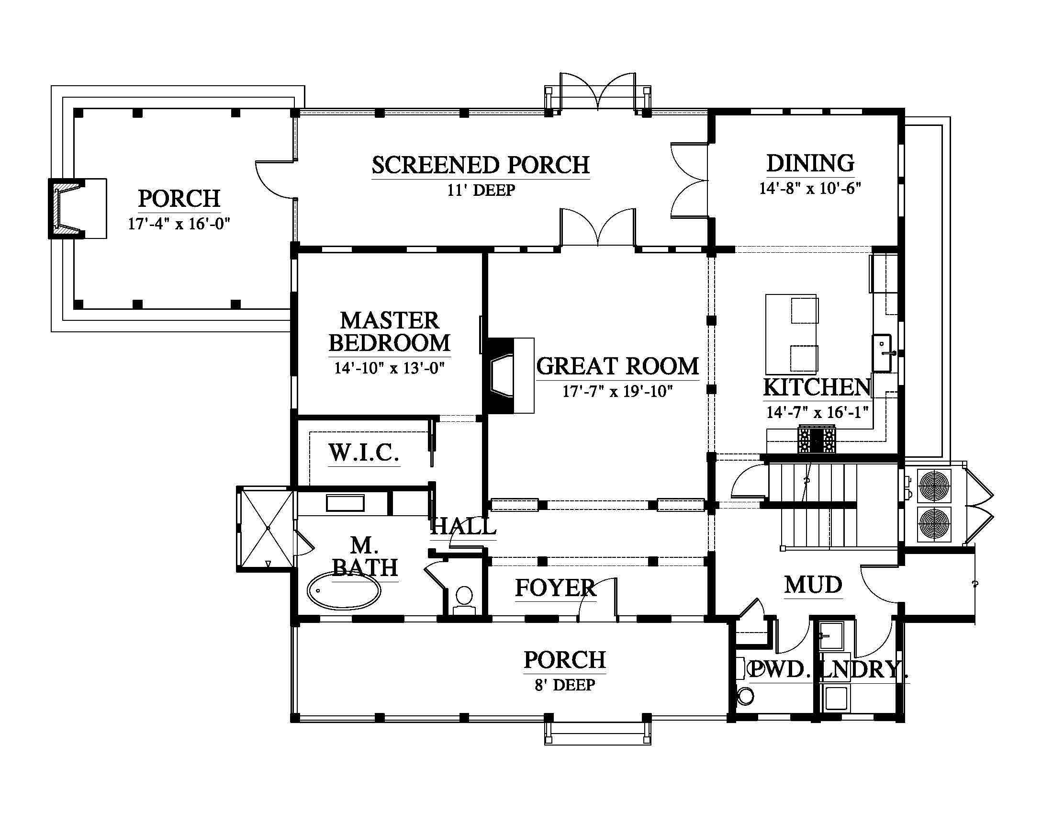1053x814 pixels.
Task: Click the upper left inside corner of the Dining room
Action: (x=715, y=115)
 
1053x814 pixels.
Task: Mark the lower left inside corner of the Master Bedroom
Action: (x=298, y=414)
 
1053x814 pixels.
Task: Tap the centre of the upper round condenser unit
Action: (x=935, y=485)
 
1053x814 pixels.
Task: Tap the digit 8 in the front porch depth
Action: (x=539, y=685)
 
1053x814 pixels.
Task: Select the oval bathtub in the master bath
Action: (x=344, y=590)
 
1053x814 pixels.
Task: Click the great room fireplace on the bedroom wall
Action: (x=509, y=376)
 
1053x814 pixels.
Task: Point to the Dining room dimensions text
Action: (x=810, y=188)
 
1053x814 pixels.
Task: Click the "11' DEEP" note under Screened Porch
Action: (x=481, y=190)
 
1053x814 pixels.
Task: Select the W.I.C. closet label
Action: (x=364, y=453)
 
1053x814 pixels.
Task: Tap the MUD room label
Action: (x=813, y=585)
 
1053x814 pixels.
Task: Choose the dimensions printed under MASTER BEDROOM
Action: (x=390, y=368)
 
